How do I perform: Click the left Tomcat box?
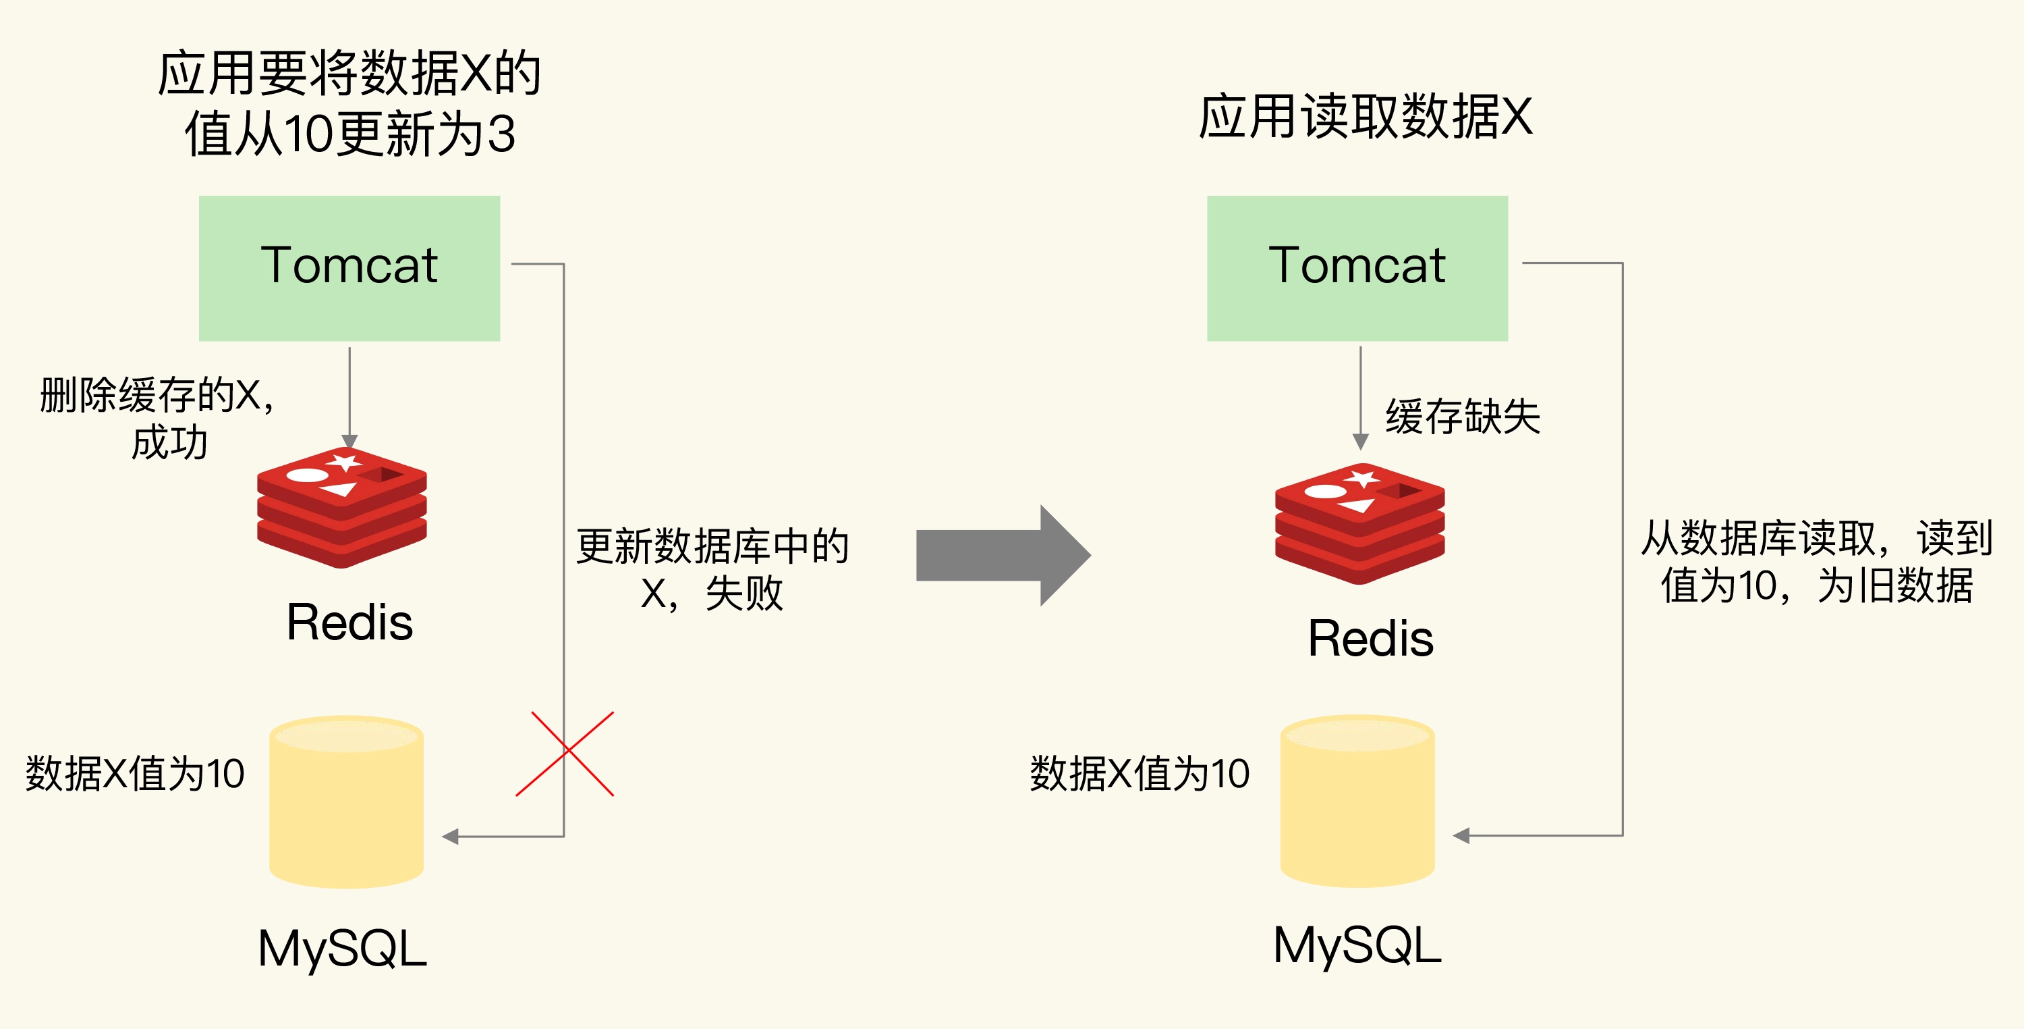(x=349, y=267)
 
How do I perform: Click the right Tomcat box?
(x=1357, y=267)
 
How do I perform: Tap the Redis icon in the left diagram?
(x=342, y=507)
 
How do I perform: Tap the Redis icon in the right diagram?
(x=1359, y=523)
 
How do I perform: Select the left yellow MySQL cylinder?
(x=347, y=802)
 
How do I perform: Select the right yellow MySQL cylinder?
(x=1357, y=802)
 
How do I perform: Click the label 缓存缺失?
(x=1462, y=417)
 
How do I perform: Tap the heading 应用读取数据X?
(x=1366, y=117)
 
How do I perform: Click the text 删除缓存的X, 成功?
(x=157, y=417)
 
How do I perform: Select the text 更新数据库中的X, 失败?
(x=712, y=569)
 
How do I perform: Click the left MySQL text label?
(x=343, y=948)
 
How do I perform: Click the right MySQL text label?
(x=1357, y=945)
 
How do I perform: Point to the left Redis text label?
(x=349, y=623)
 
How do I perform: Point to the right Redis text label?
(x=1370, y=638)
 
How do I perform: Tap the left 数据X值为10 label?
(x=135, y=774)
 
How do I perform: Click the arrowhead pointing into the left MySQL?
(x=450, y=837)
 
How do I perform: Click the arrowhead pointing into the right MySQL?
(x=1461, y=836)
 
